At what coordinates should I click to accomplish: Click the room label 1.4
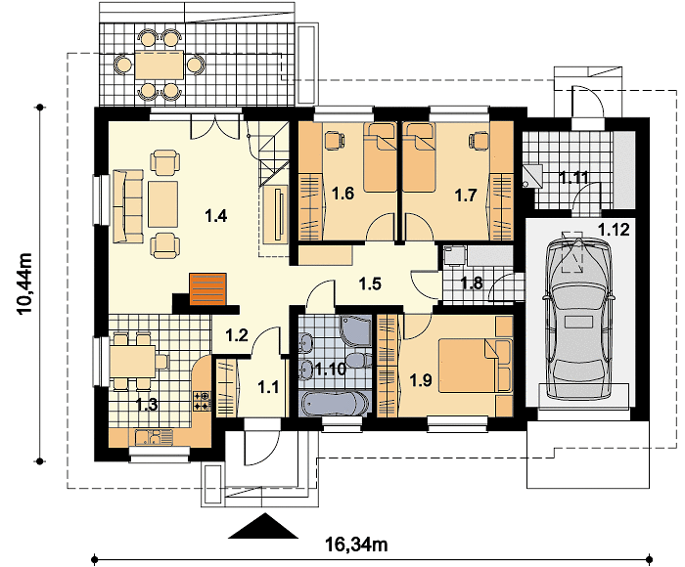pos(216,216)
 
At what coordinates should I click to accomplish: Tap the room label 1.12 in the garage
pos(614,229)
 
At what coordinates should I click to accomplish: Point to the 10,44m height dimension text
pos(24,283)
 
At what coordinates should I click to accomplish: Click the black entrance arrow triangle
pos(263,526)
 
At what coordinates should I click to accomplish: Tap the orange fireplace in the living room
pos(207,288)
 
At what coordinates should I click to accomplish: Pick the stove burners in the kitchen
pos(203,401)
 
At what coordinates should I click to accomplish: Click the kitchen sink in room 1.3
pos(148,437)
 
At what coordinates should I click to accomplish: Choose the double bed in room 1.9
pos(475,366)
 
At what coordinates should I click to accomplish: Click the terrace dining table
pos(159,65)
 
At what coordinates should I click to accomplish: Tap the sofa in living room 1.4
pos(128,206)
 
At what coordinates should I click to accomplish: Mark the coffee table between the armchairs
pos(163,204)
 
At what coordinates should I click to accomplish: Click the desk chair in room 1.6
pos(334,140)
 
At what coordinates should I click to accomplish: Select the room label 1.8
pos(472,283)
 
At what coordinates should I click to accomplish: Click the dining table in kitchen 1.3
pos(133,362)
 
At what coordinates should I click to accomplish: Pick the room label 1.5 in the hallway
pos(370,284)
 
